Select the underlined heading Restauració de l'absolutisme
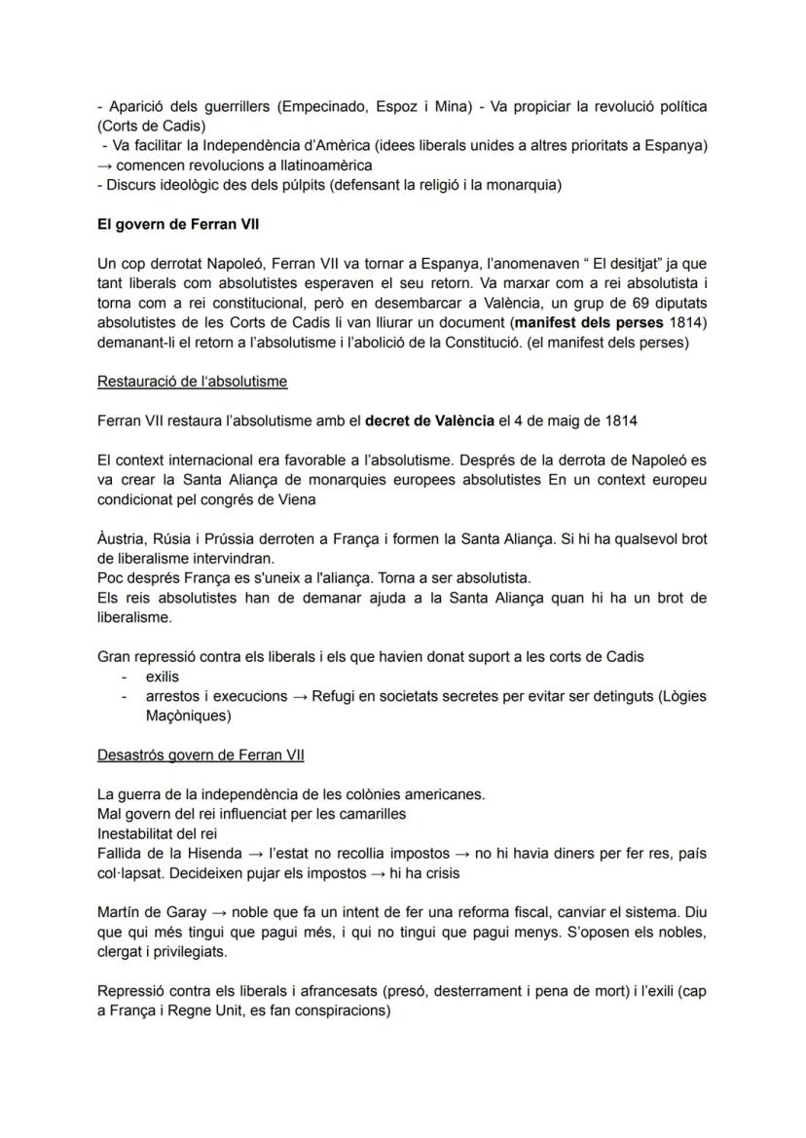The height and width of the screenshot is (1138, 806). point(192,381)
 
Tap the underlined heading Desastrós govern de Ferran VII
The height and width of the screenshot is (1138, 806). point(201,755)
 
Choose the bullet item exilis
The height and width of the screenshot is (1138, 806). point(163,676)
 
